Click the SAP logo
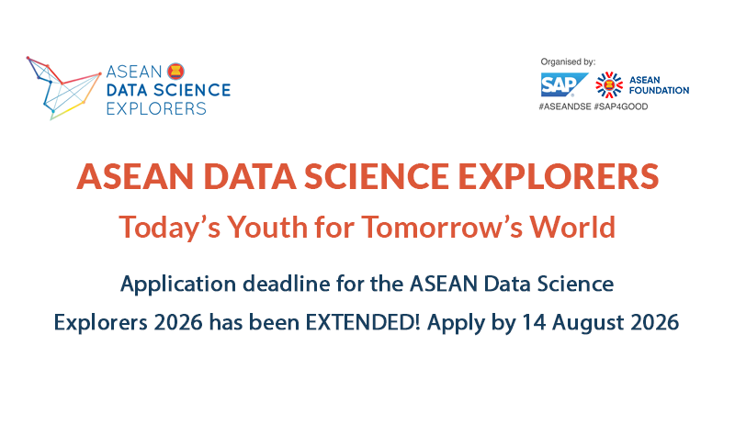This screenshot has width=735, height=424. pyautogui.click(x=564, y=84)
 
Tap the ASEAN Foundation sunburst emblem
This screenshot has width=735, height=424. pyautogui.click(x=609, y=84)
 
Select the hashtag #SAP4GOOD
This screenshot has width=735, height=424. pyautogui.click(x=621, y=106)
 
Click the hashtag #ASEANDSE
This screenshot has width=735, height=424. pyautogui.click(x=565, y=106)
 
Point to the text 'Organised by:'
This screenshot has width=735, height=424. pyautogui.click(x=568, y=61)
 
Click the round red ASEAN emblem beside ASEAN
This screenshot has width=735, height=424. pyautogui.click(x=175, y=72)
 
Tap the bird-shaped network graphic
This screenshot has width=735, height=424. pyautogui.click(x=63, y=88)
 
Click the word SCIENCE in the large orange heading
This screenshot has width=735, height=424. pyautogui.click(x=377, y=176)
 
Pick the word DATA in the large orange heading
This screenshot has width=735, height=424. pyautogui.click(x=250, y=176)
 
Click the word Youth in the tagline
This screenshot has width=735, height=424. pyautogui.click(x=267, y=227)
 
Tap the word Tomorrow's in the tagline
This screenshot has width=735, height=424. pyautogui.click(x=442, y=227)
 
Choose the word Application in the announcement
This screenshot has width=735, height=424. pyautogui.click(x=177, y=285)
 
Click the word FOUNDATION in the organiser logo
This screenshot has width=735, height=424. pyautogui.click(x=659, y=90)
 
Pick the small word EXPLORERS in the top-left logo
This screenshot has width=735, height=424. pyautogui.click(x=156, y=108)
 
